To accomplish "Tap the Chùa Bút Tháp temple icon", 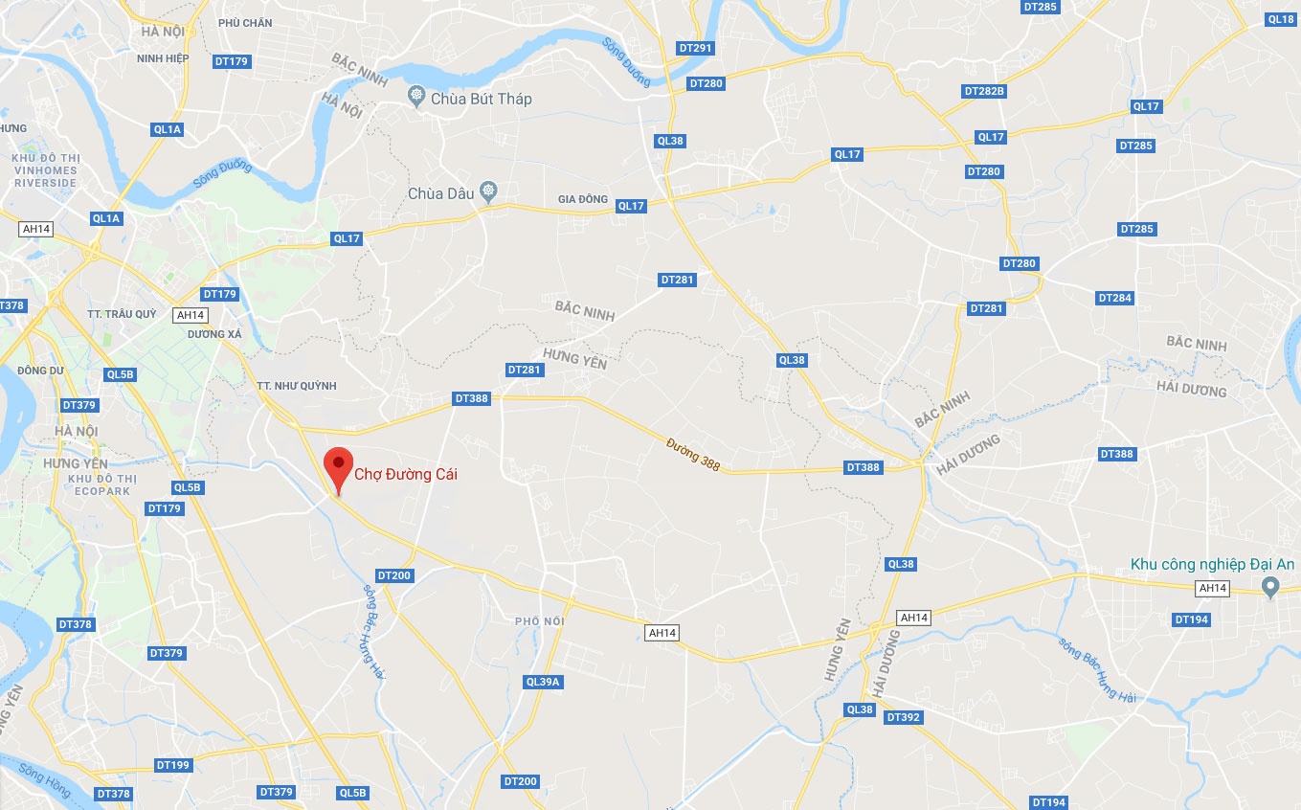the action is (x=416, y=97).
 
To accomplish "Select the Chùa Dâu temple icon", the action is (x=489, y=192).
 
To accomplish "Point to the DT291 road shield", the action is (x=695, y=48).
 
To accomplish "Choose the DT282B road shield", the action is (x=984, y=91).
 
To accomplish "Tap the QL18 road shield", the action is (x=1281, y=19).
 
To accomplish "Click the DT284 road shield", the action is (x=1114, y=298).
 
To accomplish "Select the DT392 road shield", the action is (x=903, y=717).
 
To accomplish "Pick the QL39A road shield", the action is (x=543, y=682).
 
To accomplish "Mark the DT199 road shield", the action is (x=172, y=765).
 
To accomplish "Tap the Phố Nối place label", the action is (x=539, y=621).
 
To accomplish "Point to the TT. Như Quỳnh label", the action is (x=297, y=386).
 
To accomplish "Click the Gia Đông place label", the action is (x=583, y=199).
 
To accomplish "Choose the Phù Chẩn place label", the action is (x=245, y=23).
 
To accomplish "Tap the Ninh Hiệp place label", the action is (x=163, y=58).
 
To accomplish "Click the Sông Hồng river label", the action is (x=44, y=776).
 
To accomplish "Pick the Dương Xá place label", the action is (x=214, y=334).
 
